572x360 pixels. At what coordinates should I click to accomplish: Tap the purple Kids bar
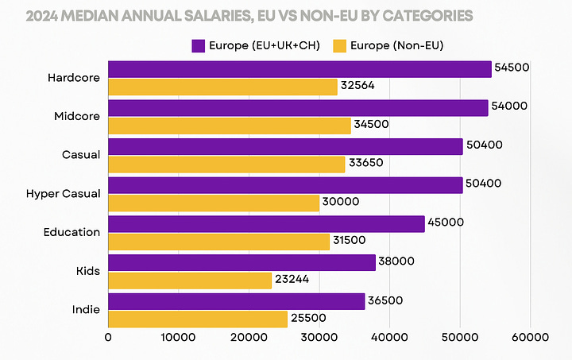pos(242,262)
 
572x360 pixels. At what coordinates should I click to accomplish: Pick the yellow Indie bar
pos(198,319)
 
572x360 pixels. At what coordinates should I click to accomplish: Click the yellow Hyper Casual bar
pos(214,203)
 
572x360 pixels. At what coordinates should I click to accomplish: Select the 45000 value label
pos(446,223)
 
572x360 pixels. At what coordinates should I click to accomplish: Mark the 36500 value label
pos(386,300)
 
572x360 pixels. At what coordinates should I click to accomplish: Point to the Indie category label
pos(87,309)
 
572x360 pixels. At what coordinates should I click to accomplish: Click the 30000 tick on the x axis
pos(319,337)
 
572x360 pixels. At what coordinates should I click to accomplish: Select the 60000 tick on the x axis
pos(530,337)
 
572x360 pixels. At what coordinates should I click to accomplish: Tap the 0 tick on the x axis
pos(108,337)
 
